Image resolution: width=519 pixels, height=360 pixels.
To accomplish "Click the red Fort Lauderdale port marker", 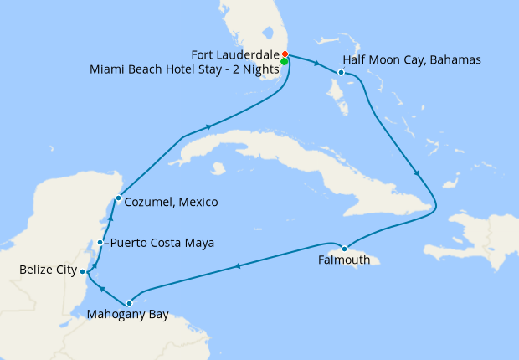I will [x=285, y=54].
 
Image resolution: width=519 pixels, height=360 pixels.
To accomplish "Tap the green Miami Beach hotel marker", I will [x=285, y=61].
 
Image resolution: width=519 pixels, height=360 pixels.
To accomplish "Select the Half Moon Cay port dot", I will [x=342, y=73].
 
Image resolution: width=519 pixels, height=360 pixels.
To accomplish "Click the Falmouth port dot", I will [x=344, y=248].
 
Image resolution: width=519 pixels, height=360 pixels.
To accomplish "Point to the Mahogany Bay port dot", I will [x=129, y=303].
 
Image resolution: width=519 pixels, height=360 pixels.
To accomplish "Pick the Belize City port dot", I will [x=82, y=271].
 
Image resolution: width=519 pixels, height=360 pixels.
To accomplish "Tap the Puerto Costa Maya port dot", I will [x=100, y=243].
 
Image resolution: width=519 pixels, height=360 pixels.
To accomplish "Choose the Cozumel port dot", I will [x=118, y=198].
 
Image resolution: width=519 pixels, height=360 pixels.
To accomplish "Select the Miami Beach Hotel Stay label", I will [x=183, y=69].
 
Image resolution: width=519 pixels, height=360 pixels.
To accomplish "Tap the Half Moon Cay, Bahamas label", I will [x=399, y=60].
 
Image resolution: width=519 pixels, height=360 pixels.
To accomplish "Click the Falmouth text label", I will [x=344, y=260].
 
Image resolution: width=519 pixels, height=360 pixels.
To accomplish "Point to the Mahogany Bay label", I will [x=128, y=316].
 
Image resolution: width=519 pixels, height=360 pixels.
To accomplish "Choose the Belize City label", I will [x=48, y=270].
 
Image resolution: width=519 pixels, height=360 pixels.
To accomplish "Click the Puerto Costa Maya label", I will [x=162, y=243].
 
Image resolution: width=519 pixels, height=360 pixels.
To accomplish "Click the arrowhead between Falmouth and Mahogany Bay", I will [x=238, y=267].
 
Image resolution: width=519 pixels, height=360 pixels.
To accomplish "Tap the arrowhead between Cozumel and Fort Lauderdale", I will [x=207, y=127].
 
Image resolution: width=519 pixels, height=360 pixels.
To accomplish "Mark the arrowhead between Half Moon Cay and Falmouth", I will [x=416, y=174].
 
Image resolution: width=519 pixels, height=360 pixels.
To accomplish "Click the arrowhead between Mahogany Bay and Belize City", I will [x=101, y=289].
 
